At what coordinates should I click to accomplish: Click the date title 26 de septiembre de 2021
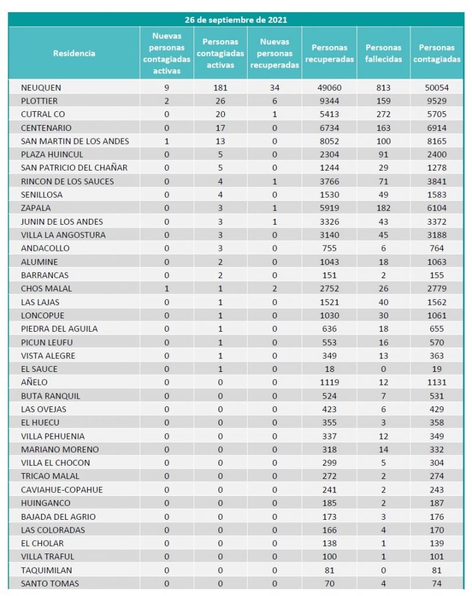pos(236,20)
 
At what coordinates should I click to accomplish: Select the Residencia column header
pos(74,53)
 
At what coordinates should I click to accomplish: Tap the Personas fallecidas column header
pos(383,53)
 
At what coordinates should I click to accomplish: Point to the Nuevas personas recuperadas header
pos(275,53)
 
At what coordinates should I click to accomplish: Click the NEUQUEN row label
pos(41,88)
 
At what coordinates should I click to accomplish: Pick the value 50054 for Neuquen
pos(436,88)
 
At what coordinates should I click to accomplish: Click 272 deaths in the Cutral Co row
pos(383,115)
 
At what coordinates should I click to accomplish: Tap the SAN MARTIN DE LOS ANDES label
pos(75,141)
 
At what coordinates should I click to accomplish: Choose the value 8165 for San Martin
pos(436,141)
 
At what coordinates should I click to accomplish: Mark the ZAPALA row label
pos(35,208)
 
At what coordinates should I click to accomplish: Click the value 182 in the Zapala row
pos(383,208)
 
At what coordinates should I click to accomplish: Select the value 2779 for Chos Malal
pos(436,289)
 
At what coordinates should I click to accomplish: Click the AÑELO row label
pos(34,382)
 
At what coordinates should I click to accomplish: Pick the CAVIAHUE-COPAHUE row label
pos(62,489)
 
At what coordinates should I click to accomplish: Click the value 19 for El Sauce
pos(436,369)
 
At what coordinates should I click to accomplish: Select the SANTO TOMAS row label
pos(50,583)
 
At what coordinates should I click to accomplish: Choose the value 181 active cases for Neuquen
pos(220,88)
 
